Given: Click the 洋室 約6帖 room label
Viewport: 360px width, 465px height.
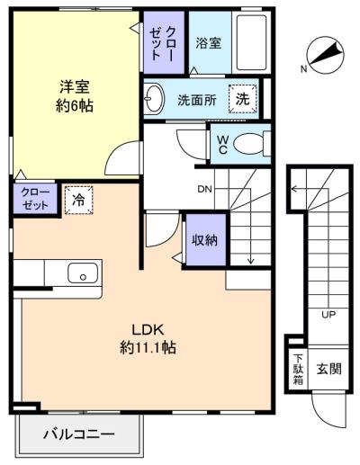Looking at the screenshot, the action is coord(75,96).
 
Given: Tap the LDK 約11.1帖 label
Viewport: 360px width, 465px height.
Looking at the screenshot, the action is coord(148,339).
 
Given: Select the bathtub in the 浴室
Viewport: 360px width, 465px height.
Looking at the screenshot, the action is coord(251,42).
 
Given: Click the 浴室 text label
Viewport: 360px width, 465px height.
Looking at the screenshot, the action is coord(209,43).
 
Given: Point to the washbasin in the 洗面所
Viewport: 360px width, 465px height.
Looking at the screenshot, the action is coord(154,98).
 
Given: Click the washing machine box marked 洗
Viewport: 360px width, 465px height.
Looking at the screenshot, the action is coord(243,99).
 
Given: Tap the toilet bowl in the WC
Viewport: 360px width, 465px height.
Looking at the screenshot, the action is coord(247,144).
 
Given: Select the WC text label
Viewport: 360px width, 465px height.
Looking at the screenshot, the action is coord(222,145).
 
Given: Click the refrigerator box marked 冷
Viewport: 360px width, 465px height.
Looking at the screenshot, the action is coord(79,200).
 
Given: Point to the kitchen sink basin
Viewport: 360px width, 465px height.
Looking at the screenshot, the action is coord(83,273).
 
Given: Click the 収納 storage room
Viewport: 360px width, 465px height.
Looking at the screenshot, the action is coord(204,239).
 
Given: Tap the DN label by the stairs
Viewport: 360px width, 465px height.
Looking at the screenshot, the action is coord(204,189).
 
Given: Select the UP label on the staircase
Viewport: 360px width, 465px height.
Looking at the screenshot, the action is coord(328,315).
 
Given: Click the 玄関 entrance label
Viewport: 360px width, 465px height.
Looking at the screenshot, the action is coord(329,369).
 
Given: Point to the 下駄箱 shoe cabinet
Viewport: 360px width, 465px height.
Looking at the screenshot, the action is coord(298,369).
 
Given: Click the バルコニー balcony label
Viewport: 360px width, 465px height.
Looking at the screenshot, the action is coord(78,434).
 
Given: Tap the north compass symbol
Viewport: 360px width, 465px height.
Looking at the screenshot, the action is coord(325,55).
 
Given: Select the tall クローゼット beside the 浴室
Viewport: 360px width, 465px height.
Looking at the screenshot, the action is coord(164,43).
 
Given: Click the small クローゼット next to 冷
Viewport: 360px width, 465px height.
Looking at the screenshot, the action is coord(35,199).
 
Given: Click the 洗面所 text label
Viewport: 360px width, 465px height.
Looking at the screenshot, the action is coord(197,100).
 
